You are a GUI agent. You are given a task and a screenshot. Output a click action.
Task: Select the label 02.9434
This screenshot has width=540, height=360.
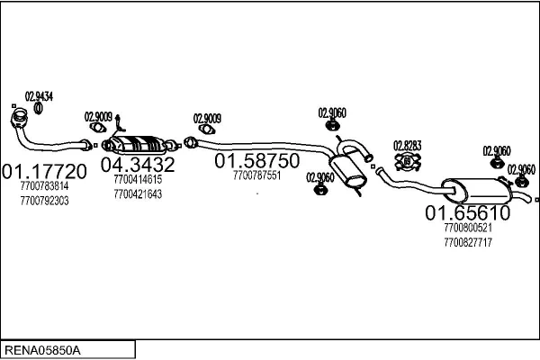click(39, 96)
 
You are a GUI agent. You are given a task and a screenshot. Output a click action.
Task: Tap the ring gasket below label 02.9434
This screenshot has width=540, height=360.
click(40, 110)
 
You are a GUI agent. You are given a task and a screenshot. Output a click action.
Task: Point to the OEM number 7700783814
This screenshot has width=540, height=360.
click(43, 186)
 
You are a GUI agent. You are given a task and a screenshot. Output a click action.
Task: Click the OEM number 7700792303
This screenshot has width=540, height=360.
click(43, 199)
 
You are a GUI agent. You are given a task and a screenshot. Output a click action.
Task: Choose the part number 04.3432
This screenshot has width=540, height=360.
click(137, 166)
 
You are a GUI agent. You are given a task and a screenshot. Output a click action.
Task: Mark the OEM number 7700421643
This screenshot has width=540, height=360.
click(137, 193)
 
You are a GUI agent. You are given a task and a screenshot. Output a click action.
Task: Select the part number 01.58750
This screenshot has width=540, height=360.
click(256, 161)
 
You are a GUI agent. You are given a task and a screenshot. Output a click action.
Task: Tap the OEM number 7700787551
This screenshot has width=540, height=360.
click(256, 175)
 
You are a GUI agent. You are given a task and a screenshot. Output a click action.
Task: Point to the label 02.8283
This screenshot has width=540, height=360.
click(408, 144)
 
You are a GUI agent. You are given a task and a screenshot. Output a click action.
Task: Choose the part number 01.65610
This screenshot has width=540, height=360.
click(467, 213)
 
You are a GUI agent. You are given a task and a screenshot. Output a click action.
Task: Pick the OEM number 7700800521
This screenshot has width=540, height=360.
click(467, 229)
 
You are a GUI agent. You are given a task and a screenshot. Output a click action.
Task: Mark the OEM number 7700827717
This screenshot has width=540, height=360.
click(467, 241)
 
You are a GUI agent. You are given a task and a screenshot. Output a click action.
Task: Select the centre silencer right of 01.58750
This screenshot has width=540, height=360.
click(346, 171)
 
